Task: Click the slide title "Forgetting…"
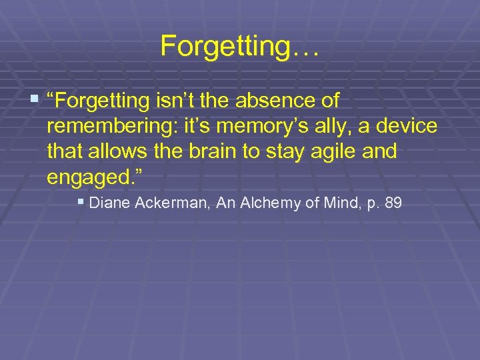[240, 46]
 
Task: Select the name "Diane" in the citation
[109, 203]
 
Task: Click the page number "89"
[393, 203]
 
